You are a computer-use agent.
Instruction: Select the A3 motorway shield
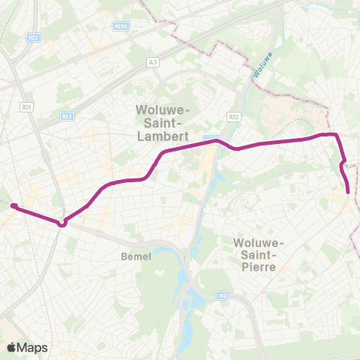[x=154, y=61]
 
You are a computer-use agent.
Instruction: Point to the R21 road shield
[x=27, y=108]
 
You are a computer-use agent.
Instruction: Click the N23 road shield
[x=67, y=116]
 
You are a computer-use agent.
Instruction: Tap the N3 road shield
[x=222, y=295]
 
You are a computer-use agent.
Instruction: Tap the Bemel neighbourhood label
[x=136, y=256]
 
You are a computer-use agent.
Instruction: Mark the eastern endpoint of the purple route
[x=349, y=192]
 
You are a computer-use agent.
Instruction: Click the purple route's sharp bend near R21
[x=63, y=222]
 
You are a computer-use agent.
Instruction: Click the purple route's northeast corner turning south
[x=337, y=136]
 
